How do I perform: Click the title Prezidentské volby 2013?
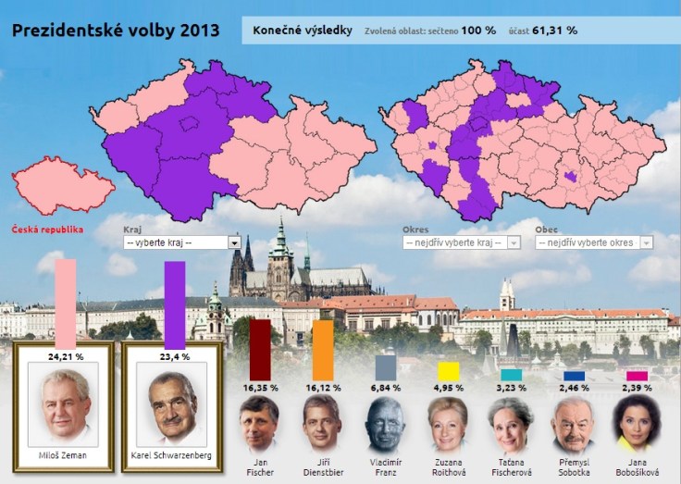point(116,29)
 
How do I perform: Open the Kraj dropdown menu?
point(176,242)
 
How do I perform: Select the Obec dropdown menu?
point(593,242)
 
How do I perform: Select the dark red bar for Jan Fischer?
point(260,350)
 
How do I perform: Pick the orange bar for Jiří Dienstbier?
point(323,350)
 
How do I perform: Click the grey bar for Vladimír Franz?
point(386,368)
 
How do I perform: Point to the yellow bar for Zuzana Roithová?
point(449,372)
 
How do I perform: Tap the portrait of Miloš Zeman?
point(65,405)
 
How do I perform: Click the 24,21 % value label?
point(65,354)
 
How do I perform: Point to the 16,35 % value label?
point(260,388)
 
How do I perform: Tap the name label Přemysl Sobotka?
point(574,466)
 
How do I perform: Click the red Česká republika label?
point(47,229)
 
